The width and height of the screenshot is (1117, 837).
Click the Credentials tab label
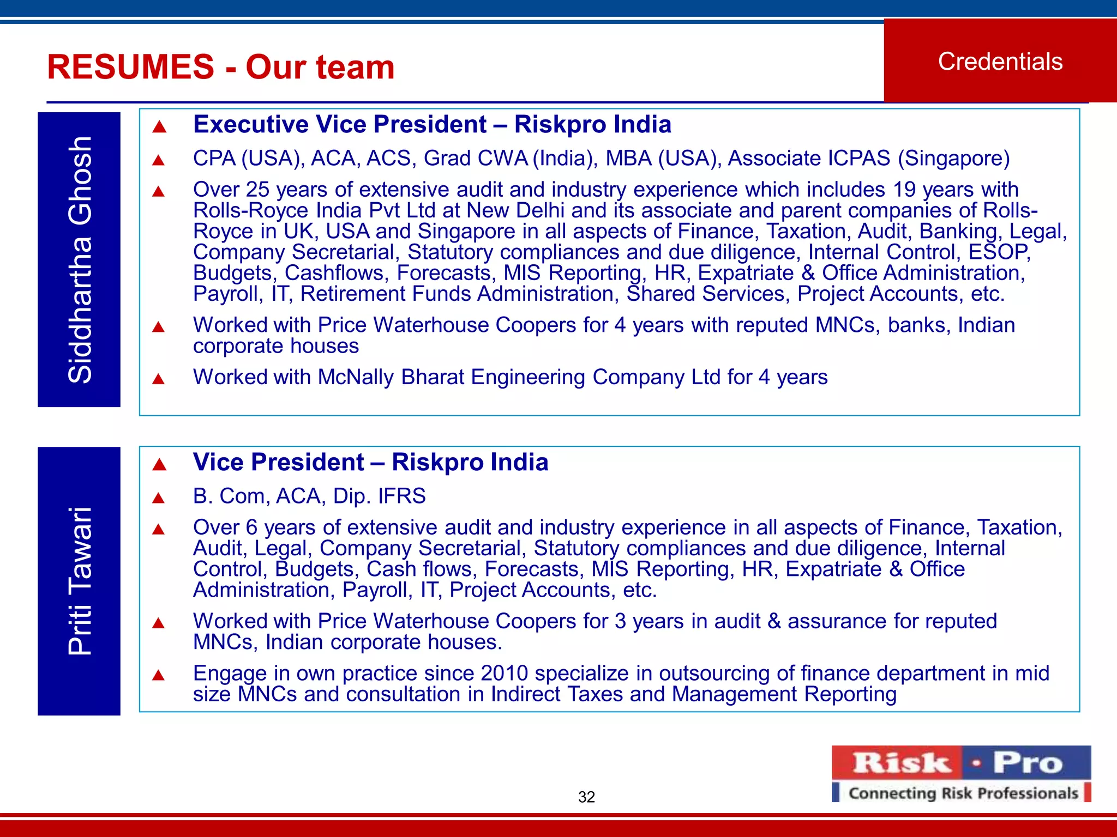(1000, 62)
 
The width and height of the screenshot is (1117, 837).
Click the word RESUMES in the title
(131, 67)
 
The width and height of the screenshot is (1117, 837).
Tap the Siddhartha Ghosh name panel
(79, 259)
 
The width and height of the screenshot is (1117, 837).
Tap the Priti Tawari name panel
(79, 581)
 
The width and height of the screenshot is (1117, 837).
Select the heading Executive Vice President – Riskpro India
(432, 124)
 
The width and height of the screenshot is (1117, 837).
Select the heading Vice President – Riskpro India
(370, 462)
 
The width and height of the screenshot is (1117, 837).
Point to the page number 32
(586, 797)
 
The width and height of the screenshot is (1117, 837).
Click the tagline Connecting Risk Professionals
(963, 793)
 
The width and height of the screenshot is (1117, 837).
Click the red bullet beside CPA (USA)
(159, 160)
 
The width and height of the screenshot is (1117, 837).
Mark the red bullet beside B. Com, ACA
(159, 498)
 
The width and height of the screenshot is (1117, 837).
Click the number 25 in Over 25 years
(257, 190)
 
